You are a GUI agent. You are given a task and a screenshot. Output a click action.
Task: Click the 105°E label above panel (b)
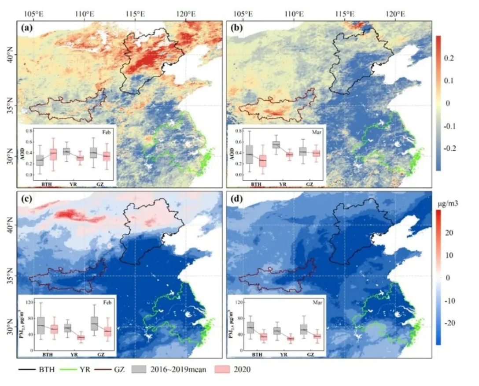click(243, 14)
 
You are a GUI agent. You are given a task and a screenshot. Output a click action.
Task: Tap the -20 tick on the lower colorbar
click(450, 323)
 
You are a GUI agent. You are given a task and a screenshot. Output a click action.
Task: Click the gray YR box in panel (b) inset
click(276, 145)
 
